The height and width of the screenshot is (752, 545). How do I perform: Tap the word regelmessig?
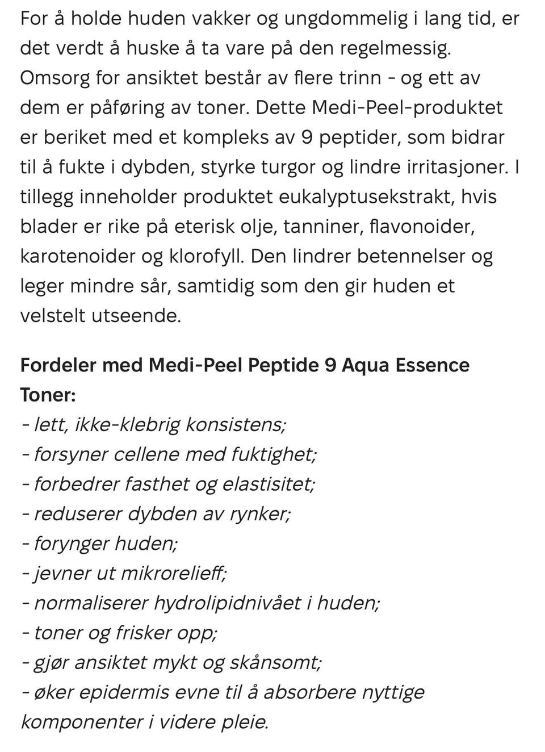[x=396, y=48]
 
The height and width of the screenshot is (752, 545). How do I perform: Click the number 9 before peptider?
[x=307, y=137]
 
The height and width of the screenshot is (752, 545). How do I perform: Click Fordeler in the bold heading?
[x=57, y=365]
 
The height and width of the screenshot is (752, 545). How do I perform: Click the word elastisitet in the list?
[x=268, y=484]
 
